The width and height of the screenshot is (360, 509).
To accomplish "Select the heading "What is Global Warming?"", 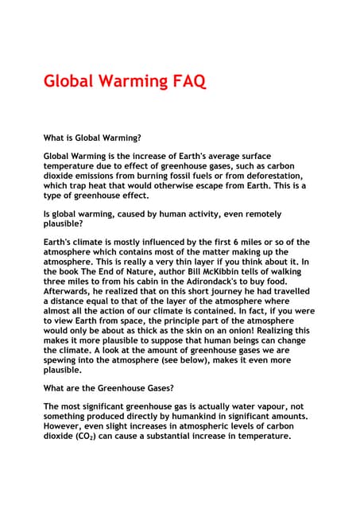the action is (92, 138).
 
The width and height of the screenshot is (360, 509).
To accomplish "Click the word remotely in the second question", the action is (257, 214).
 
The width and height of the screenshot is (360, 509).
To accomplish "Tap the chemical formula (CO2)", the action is (88, 436).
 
